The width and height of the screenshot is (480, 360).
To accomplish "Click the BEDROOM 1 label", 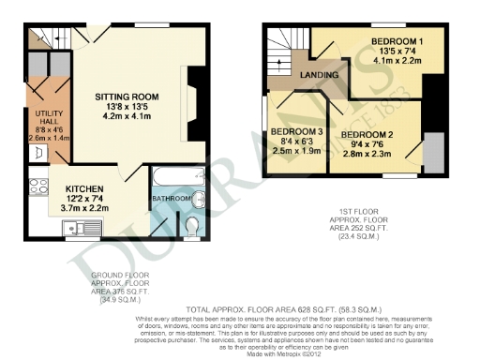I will [x=396, y=42].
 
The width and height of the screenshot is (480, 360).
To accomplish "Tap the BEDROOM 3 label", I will [x=296, y=131].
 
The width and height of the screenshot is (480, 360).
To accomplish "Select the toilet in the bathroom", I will [x=192, y=226].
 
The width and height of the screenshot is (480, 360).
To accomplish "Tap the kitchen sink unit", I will [x=75, y=228].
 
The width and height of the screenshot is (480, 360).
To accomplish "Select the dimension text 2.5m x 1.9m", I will [x=296, y=150].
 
